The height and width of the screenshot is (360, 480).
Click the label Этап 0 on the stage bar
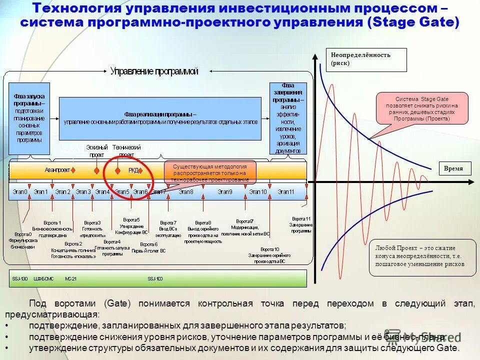pos(20,192)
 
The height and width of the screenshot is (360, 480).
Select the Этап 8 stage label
pos(186,192)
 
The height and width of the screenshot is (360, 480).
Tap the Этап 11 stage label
pos(286,192)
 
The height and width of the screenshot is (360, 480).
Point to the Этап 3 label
pos(83,192)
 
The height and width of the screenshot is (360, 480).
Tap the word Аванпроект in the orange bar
pos(57,170)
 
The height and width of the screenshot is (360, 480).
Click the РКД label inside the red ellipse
pos(133,170)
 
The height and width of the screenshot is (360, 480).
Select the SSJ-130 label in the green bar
pos(19,278)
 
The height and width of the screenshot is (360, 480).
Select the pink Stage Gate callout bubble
pos(422,107)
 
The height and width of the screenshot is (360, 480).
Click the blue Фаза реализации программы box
pos(160,118)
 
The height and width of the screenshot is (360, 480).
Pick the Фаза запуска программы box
pos(29,119)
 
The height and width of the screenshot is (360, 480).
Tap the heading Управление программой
pos(154,71)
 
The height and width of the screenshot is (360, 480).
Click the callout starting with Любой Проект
pos(422,256)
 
